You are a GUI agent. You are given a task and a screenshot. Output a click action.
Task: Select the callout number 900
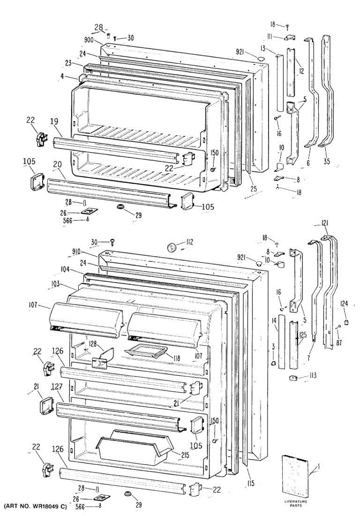89,40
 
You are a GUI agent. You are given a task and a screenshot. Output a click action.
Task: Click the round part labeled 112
172,247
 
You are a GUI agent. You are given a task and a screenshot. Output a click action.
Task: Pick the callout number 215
185,455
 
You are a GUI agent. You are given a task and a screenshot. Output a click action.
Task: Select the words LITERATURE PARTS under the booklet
296,503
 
